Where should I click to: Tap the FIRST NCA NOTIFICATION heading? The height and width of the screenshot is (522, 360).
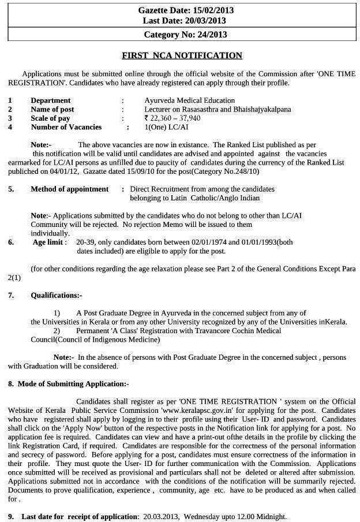(182, 55)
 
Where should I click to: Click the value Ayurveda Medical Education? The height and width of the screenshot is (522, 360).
(190, 100)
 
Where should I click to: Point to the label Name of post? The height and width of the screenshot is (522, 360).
(52, 109)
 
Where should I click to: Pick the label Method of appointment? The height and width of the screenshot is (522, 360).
(69, 189)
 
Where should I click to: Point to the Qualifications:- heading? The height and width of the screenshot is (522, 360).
(57, 295)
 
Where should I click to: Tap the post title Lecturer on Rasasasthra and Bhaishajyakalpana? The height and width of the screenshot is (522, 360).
(217, 109)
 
